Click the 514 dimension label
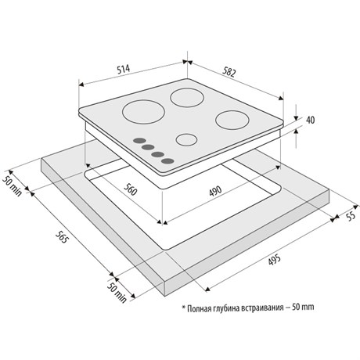(x=123, y=69)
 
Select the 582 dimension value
(x=229, y=72)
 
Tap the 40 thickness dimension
(x=310, y=120)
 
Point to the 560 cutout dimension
(x=130, y=189)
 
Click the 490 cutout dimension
(x=215, y=191)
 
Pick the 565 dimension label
(x=62, y=237)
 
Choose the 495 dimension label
(x=274, y=260)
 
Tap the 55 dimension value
(x=351, y=215)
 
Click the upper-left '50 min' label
(x=12, y=186)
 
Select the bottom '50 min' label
(x=117, y=292)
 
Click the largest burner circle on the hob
(x=143, y=112)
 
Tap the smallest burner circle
(x=186, y=139)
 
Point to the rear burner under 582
(x=187, y=98)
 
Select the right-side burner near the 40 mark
(x=232, y=120)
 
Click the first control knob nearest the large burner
(x=139, y=141)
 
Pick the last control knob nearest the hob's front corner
(x=167, y=161)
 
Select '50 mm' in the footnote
(x=303, y=307)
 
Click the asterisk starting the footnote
(x=184, y=307)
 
